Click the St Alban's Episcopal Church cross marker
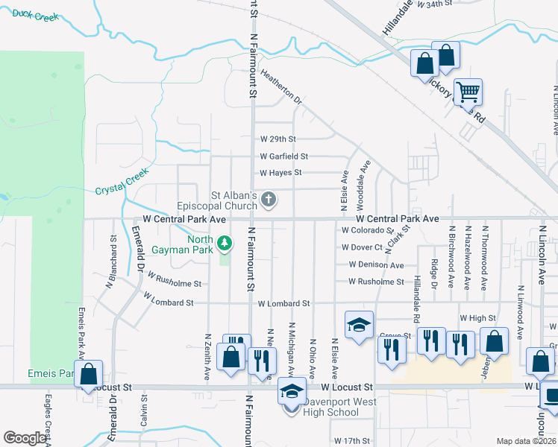[269, 200]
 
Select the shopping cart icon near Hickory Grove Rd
[468, 92]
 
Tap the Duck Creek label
[35, 15]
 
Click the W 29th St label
[278, 139]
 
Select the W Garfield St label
[283, 156]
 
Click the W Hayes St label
[280, 173]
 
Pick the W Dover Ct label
[361, 247]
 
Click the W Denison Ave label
[375, 265]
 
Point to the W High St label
[477, 318]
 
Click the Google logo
[25, 438]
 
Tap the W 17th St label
[352, 441]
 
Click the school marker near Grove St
[359, 326]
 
